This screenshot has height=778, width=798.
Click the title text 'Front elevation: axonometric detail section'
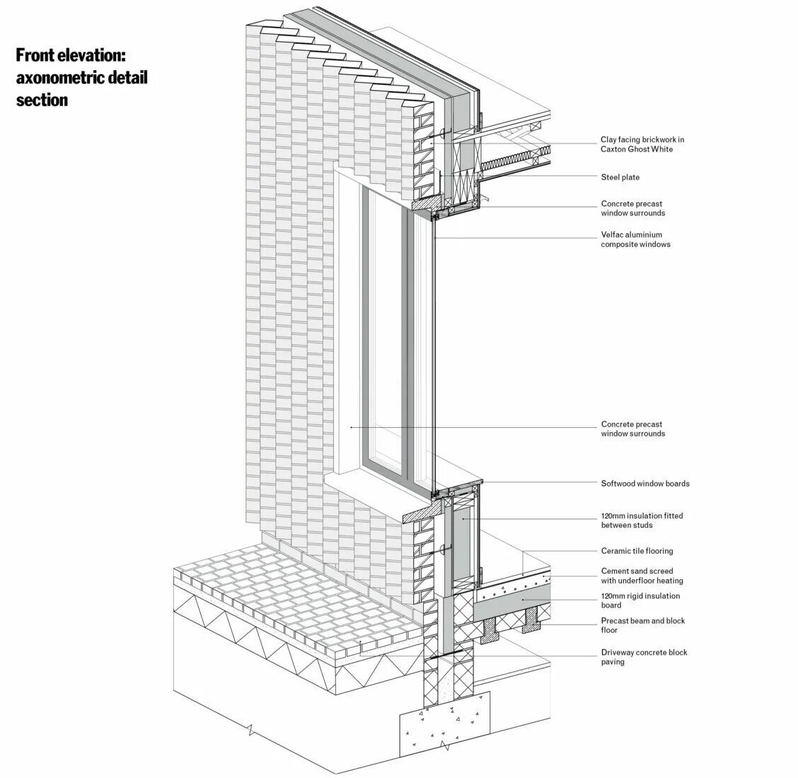pos(81,77)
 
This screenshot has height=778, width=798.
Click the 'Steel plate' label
pos(620,177)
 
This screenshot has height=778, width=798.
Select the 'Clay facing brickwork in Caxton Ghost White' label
pos(642,144)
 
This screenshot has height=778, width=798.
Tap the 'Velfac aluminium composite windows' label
pos(635,239)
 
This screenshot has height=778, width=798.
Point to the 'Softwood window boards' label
pos(644,484)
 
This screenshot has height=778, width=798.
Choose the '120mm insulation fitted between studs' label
pos(642,521)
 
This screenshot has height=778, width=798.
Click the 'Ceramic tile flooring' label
pos(637,551)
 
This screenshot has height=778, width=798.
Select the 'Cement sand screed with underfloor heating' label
pos(642,576)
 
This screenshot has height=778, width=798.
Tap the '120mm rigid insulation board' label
pos(640,600)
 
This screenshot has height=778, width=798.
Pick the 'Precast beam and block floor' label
pos(642,625)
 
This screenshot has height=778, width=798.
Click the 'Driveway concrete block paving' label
pos(644,657)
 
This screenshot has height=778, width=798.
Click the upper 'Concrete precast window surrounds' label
pos(632,208)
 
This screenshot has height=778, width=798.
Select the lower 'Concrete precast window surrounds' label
pos(632,429)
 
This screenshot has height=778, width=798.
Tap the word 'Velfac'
pos(613,235)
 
